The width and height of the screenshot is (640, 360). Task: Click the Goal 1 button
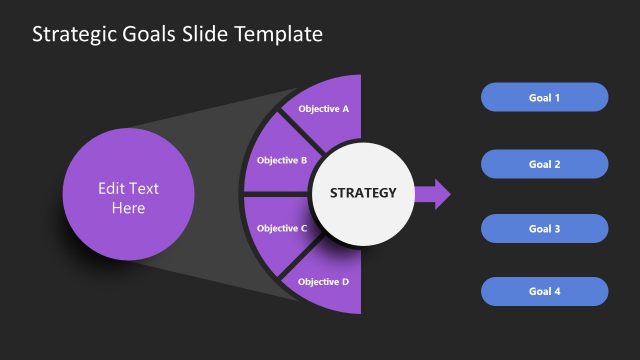coord(544,97)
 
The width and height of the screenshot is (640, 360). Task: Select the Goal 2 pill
coord(544,163)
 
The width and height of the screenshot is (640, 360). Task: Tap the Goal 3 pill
coord(544,228)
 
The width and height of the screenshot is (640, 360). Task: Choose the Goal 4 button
coord(544,291)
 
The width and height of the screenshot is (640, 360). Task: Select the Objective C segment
coord(280,228)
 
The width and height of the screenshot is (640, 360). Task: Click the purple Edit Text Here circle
coord(128,197)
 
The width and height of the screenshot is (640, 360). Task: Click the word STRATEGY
coord(363,193)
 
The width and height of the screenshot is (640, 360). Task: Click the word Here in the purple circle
coord(128,208)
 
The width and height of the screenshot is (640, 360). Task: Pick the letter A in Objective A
coord(345,108)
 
